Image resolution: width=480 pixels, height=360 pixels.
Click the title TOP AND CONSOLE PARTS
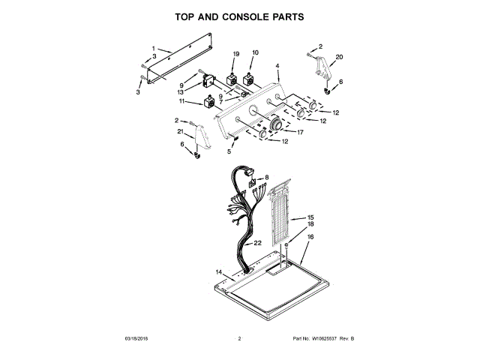click(x=239, y=16)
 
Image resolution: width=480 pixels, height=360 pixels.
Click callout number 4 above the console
click(x=277, y=66)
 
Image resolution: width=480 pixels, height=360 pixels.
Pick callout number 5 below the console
click(x=229, y=151)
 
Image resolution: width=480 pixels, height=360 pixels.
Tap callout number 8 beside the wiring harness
click(x=265, y=178)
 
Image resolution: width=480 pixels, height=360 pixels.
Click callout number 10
click(x=255, y=53)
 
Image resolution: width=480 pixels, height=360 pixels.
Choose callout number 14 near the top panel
click(x=219, y=271)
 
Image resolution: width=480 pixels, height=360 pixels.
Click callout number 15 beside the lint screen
click(x=310, y=217)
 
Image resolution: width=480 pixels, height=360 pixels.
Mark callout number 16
click(x=310, y=237)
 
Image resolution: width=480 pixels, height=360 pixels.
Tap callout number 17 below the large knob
click(x=300, y=133)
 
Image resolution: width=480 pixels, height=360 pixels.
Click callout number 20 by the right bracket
click(x=339, y=57)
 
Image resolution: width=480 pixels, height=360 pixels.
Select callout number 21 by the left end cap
click(x=180, y=132)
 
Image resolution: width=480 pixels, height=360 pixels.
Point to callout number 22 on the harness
click(x=257, y=244)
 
